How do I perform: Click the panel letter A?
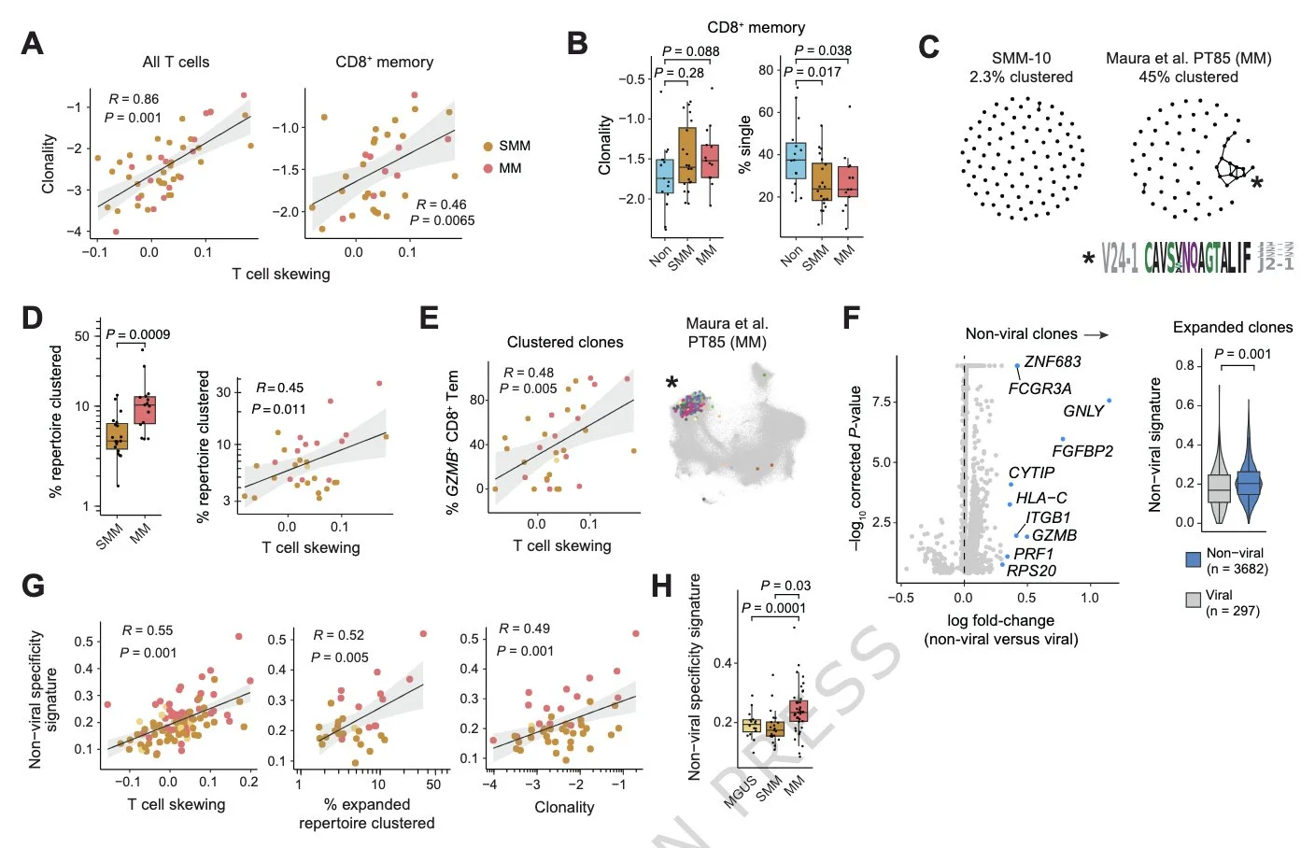33,43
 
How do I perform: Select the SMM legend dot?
488,147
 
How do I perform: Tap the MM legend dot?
488,168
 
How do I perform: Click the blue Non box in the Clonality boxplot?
664,177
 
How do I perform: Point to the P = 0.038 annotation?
822,50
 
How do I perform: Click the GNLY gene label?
1083,411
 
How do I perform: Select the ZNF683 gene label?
1053,361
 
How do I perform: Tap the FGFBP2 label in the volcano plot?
1082,451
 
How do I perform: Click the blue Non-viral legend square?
1193,559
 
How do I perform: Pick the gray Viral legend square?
1193,601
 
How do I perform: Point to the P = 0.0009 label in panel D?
138,334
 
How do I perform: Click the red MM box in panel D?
145,410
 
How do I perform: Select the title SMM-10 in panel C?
1021,58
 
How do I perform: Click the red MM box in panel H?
798,711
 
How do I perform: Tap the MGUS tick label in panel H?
742,790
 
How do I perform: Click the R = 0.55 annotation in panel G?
148,630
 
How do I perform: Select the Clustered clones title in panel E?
565,342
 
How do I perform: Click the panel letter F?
851,318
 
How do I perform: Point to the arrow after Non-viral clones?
1096,334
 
